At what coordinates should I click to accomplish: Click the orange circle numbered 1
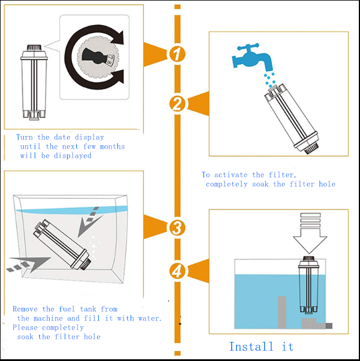177,54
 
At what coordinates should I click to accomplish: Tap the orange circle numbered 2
177,104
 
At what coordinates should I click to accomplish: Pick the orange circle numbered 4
177,270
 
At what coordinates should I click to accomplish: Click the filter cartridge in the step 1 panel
32,81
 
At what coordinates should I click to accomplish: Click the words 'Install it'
261,347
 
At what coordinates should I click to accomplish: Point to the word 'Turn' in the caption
25,138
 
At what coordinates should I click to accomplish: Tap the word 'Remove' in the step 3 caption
25,309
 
